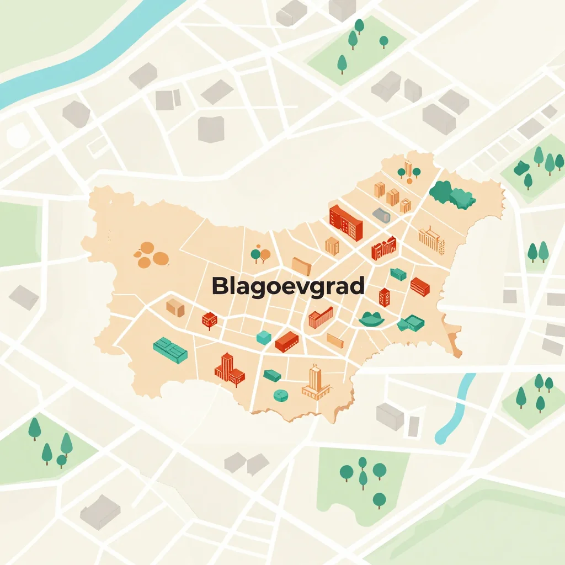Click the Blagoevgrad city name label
tap(288, 286)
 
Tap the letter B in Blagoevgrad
tap(219, 286)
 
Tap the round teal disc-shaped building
tap(281, 395)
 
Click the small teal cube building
tap(264, 337)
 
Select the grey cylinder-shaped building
tap(382, 215)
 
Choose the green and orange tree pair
tap(260, 254)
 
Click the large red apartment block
tap(346, 221)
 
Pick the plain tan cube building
tap(175, 307)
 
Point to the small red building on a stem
tap(209, 319)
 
